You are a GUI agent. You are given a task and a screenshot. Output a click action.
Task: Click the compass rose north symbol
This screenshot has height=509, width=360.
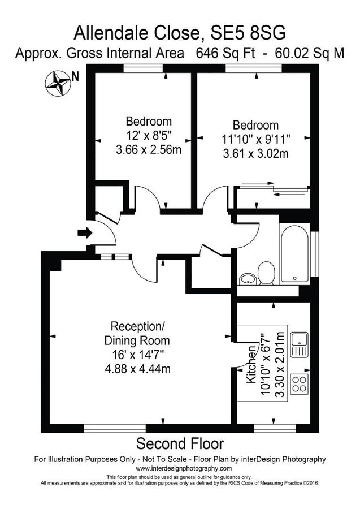(x=57, y=83)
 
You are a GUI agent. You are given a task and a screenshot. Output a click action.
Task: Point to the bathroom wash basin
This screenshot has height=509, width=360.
(x=248, y=278)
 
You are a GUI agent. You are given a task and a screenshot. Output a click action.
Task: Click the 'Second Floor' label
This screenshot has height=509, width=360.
(x=180, y=442)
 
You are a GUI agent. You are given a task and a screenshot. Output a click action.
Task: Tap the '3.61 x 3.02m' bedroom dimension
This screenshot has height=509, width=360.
(x=255, y=153)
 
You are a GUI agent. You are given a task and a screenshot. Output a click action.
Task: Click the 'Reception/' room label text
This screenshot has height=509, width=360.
(x=138, y=326)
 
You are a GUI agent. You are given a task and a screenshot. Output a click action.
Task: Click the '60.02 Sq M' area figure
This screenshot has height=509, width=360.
(x=308, y=54)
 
